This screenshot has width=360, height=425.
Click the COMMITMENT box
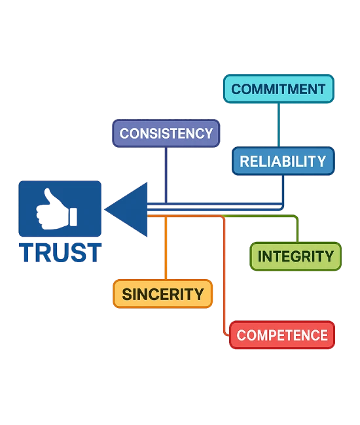pyautogui.click(x=279, y=89)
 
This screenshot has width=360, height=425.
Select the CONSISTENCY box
pyautogui.click(x=166, y=133)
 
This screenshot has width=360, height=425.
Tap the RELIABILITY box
pyautogui.click(x=283, y=161)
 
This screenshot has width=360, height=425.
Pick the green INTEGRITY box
pyautogui.click(x=295, y=256)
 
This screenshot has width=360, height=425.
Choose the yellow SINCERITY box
pyautogui.click(x=162, y=294)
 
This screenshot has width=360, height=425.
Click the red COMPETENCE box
pyautogui.click(x=282, y=335)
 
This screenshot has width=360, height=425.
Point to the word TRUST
pyautogui.click(x=60, y=252)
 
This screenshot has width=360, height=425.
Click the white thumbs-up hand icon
pyautogui.click(x=56, y=209)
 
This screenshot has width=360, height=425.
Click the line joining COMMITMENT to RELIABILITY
pyautogui.click(x=279, y=125)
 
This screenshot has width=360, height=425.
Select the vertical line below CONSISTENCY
pyautogui.click(x=166, y=175)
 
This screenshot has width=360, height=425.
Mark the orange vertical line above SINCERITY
pyautogui.click(x=166, y=248)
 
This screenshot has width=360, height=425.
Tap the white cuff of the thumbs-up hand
pyautogui.click(x=73, y=217)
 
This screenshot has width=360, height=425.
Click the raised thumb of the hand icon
pyautogui.click(x=50, y=196)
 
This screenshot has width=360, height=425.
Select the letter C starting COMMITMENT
pyautogui.click(x=236, y=89)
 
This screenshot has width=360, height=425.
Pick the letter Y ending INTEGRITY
pyautogui.click(x=329, y=256)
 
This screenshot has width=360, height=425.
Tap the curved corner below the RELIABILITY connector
pyautogui.click(x=281, y=207)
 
